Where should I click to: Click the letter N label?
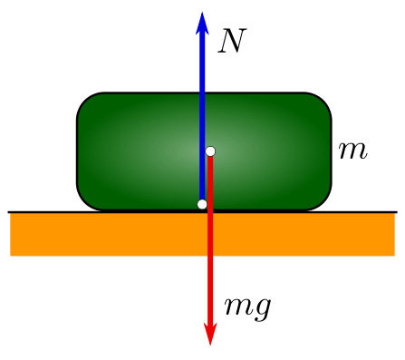(x=233, y=40)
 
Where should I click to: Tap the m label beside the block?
(x=352, y=151)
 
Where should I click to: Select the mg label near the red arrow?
(x=246, y=306)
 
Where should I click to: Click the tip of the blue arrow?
(x=202, y=15)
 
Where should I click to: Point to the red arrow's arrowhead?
(x=210, y=334)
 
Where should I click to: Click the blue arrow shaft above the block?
(x=202, y=63)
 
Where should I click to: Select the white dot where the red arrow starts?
(x=210, y=151)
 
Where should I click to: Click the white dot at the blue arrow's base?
(x=202, y=204)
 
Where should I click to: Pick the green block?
(x=136, y=150)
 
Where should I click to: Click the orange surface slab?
(x=109, y=235)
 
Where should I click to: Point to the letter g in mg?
(x=262, y=308)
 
